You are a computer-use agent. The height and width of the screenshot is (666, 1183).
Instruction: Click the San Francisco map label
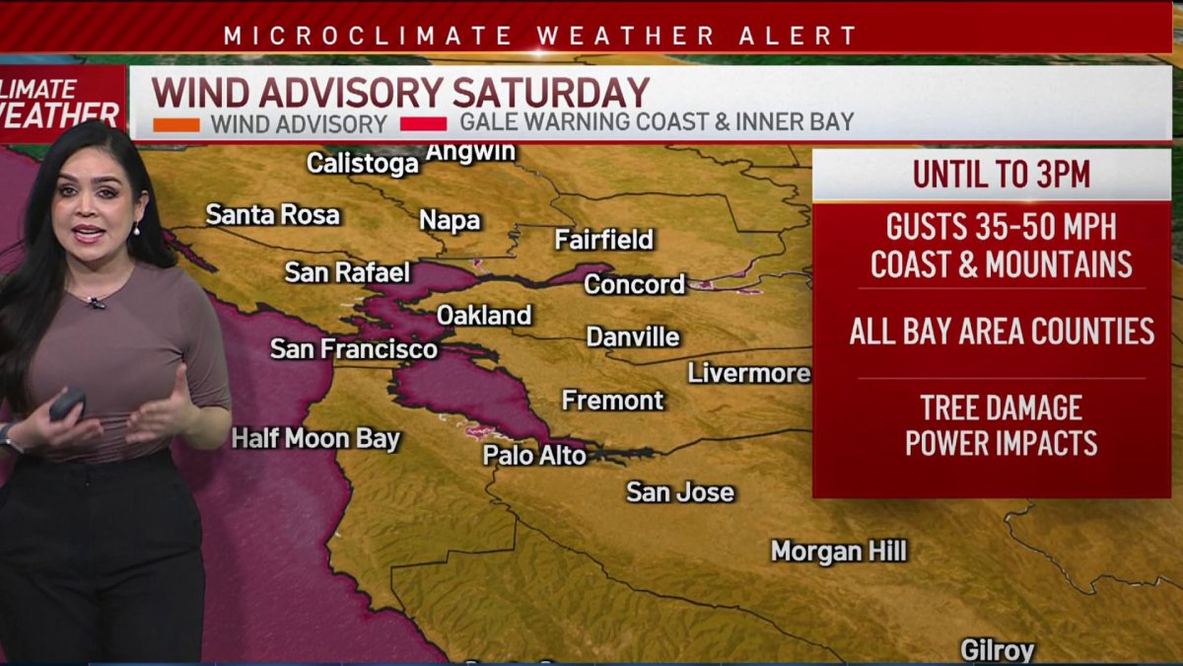tap(353, 349)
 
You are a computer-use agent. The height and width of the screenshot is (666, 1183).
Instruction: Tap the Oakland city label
tap(483, 316)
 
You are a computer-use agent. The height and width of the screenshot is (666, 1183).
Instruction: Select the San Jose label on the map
tap(680, 491)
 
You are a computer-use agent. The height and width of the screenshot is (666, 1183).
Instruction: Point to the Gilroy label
tap(997, 650)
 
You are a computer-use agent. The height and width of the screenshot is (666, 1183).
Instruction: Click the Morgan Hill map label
tap(838, 552)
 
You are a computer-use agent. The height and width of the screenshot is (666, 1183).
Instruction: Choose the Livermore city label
tap(748, 373)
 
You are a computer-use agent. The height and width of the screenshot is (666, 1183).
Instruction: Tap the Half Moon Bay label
tap(315, 439)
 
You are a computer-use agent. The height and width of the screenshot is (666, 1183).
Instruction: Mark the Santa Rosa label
tap(272, 215)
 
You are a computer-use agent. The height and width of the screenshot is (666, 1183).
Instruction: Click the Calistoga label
tap(362, 163)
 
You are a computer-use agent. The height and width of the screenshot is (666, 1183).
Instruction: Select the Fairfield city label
tap(603, 240)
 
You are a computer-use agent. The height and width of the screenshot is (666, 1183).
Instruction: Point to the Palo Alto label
tap(534, 455)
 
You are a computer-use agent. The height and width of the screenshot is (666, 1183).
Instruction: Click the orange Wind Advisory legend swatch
tap(176, 125)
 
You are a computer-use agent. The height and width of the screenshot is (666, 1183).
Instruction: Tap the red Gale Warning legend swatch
tap(424, 125)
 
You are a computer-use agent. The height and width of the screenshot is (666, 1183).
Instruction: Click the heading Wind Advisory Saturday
tap(400, 93)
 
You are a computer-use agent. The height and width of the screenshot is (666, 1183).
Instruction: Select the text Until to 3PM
tap(1001, 175)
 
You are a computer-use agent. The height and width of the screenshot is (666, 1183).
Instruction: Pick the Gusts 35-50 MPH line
tap(1001, 228)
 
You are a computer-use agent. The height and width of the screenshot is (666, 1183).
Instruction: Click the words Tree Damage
tap(1001, 407)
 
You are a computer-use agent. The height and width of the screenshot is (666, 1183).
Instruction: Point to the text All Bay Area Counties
tap(1001, 332)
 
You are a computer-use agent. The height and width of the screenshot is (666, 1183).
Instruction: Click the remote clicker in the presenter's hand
tap(67, 402)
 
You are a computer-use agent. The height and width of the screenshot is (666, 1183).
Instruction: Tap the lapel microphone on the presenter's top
tap(96, 304)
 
